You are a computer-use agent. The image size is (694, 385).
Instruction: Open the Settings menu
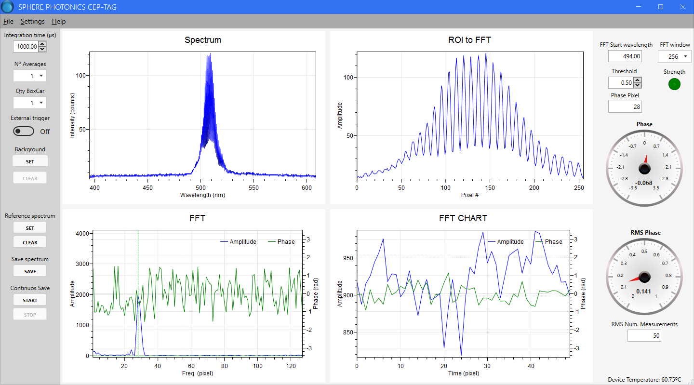point(32,21)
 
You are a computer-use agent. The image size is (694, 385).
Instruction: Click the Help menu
point(59,21)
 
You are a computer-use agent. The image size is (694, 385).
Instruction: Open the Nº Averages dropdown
point(30,76)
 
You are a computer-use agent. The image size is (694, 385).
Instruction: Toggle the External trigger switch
point(24,131)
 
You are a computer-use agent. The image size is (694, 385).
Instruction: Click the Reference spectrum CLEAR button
point(30,242)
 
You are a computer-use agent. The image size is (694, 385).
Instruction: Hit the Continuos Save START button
point(30,300)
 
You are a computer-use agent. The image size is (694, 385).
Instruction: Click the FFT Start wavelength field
point(625,56)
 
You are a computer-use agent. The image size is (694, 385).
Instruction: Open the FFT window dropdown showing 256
point(674,56)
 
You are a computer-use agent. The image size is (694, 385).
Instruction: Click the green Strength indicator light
point(674,84)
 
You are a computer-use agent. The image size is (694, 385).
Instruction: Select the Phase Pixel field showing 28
point(625,106)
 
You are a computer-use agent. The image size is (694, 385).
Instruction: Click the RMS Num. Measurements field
point(644,335)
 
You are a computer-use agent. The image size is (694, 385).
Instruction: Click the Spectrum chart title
point(203,40)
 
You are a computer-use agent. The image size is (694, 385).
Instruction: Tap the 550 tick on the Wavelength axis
point(254,188)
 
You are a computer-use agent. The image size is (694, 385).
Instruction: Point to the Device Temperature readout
point(644,380)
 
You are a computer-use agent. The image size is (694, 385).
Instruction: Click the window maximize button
point(661,7)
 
